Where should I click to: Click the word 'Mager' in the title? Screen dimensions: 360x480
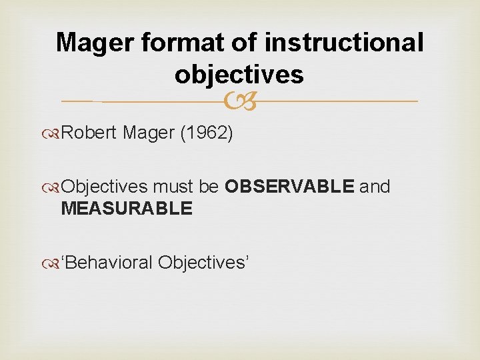click(x=97, y=43)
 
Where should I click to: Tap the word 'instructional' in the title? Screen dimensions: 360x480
click(x=344, y=43)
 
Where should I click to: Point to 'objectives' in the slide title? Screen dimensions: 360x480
click(x=239, y=75)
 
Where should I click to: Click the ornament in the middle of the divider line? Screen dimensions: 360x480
click(x=239, y=101)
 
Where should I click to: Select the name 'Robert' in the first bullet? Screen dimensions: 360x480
click(x=90, y=134)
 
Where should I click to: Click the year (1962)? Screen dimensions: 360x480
click(x=207, y=134)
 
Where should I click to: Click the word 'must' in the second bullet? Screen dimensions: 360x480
click(x=175, y=187)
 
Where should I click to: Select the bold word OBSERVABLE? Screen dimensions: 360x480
click(x=290, y=187)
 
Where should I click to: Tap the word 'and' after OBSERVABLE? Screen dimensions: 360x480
click(x=375, y=187)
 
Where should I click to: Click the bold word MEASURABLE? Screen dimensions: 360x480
click(x=126, y=209)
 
